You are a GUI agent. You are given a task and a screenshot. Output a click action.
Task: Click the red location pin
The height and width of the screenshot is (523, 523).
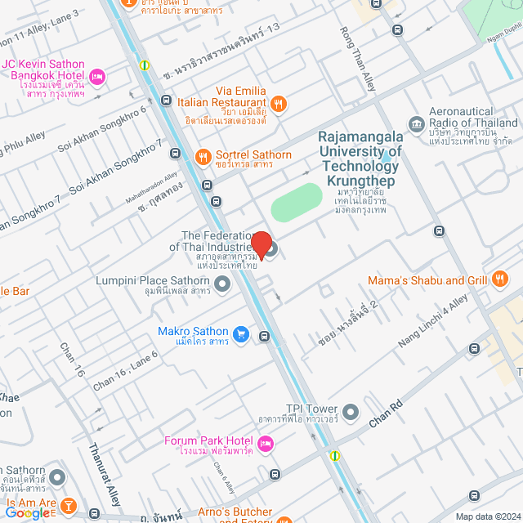tap(261, 243)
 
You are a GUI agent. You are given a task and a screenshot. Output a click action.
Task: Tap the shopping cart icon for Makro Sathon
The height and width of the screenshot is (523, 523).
tap(240, 333)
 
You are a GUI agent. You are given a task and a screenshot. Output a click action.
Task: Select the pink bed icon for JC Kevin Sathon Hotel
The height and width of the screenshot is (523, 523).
tap(96, 77)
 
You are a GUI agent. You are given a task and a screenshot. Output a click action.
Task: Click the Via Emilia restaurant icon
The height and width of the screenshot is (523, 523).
tap(279, 103)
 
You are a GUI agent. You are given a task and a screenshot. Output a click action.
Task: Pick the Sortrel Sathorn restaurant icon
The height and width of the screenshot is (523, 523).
tap(201, 155)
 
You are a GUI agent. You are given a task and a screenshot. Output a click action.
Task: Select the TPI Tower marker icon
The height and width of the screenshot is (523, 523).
tap(351, 410)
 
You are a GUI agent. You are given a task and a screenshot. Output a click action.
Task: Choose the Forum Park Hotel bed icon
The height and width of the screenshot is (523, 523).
tap(264, 445)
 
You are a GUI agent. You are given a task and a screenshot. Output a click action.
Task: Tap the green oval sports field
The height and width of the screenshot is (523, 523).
tap(296, 202)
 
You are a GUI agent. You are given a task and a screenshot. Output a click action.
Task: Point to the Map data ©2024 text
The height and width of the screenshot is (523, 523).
tap(486, 516)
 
